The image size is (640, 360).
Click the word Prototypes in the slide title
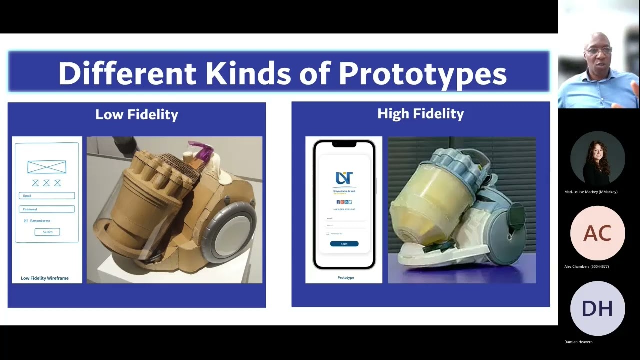pyautogui.click(x=422, y=74)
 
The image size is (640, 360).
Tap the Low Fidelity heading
pyautogui.click(x=136, y=114)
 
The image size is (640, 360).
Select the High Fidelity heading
pyautogui.click(x=420, y=114)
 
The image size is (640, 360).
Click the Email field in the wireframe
pyautogui.click(x=47, y=196)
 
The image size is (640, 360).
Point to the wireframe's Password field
pyautogui.click(x=47, y=209)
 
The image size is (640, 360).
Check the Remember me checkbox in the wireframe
pyautogui.click(x=26, y=220)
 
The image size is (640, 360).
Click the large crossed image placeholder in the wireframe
pyautogui.click(x=47, y=167)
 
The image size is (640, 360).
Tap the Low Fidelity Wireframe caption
pyautogui.click(x=45, y=278)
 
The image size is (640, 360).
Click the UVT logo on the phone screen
pyautogui.click(x=344, y=178)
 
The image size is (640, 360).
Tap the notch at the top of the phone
pyautogui.click(x=344, y=144)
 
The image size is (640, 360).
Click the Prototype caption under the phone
pyautogui.click(x=346, y=278)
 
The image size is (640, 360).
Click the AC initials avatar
pyautogui.click(x=597, y=233)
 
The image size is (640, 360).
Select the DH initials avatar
pyautogui.click(x=597, y=308)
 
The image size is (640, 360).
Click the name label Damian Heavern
pyautogui.click(x=578, y=342)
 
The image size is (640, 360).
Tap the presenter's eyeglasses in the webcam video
pyautogui.click(x=599, y=51)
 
